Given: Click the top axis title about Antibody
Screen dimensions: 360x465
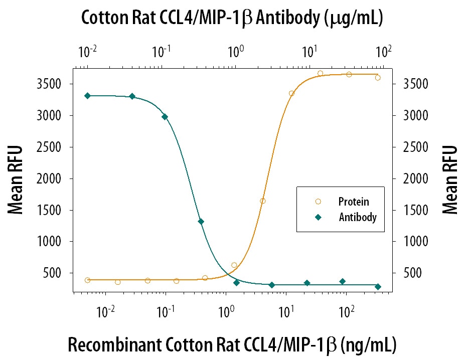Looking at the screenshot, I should [x=232, y=18].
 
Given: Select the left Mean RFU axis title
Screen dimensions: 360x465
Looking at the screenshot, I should [x=16, y=179].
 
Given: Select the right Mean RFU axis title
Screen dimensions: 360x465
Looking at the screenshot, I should [x=450, y=179].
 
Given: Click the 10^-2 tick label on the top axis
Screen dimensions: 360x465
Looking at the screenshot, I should [x=87, y=51].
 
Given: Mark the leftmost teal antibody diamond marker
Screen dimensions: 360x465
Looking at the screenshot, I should [x=87, y=96].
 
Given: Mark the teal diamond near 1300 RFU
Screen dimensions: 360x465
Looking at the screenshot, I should [x=201, y=222].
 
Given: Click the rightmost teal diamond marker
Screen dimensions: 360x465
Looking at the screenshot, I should [x=378, y=287].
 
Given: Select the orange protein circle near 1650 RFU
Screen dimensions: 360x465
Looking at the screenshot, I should [x=263, y=201].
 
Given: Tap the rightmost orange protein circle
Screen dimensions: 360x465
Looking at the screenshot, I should [x=378, y=77].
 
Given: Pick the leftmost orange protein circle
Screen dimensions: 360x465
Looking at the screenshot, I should [x=87, y=280].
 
